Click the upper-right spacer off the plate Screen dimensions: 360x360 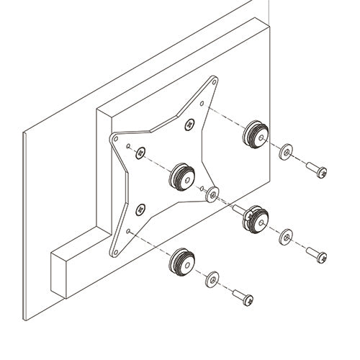coord(256,133)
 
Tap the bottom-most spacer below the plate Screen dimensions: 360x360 coord(182,261)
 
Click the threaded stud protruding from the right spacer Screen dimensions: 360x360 coord(238,208)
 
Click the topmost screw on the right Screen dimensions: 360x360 coord(317,170)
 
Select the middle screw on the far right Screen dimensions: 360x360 coord(316,254)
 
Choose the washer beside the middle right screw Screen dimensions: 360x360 coord(286,235)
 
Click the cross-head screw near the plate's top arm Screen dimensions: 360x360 coord(190,125)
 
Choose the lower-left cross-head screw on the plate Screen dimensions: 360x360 coord(140,210)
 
